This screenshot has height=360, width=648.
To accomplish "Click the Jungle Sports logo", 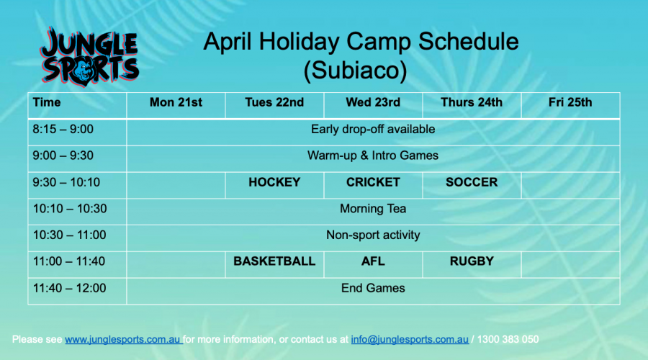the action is coord(89,57).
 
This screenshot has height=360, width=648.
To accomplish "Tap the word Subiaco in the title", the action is coord(355,70).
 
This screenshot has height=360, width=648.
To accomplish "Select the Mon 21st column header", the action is coord(176,102).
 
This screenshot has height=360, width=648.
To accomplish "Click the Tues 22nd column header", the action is coord(274,102).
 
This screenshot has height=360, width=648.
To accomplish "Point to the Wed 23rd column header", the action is coord(373,102).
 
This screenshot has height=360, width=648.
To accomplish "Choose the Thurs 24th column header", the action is coord(472,102).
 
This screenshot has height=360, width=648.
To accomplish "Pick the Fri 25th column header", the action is coord(570,102).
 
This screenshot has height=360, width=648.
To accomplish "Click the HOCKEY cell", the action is coord(274,182).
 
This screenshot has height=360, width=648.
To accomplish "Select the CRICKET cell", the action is coord(373,182).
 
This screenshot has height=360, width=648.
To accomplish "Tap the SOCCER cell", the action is coord(472,182).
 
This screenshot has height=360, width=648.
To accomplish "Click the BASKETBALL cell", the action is coord(274,261).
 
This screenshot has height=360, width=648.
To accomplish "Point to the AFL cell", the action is coord(373,261).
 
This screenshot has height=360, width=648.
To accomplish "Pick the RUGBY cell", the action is coord(472,261).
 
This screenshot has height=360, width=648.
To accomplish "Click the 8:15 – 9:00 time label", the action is coord(63,130).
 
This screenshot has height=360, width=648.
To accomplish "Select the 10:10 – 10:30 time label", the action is coord(70,209).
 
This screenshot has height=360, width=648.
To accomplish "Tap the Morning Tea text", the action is coord(373,209).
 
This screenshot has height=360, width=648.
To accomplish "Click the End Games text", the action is coord(373,288).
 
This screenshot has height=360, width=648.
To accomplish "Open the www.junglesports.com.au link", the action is coord(122,339).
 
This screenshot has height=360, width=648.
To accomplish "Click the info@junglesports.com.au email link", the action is coord(410,339).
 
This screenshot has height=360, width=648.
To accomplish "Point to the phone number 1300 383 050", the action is coord(508,339).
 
